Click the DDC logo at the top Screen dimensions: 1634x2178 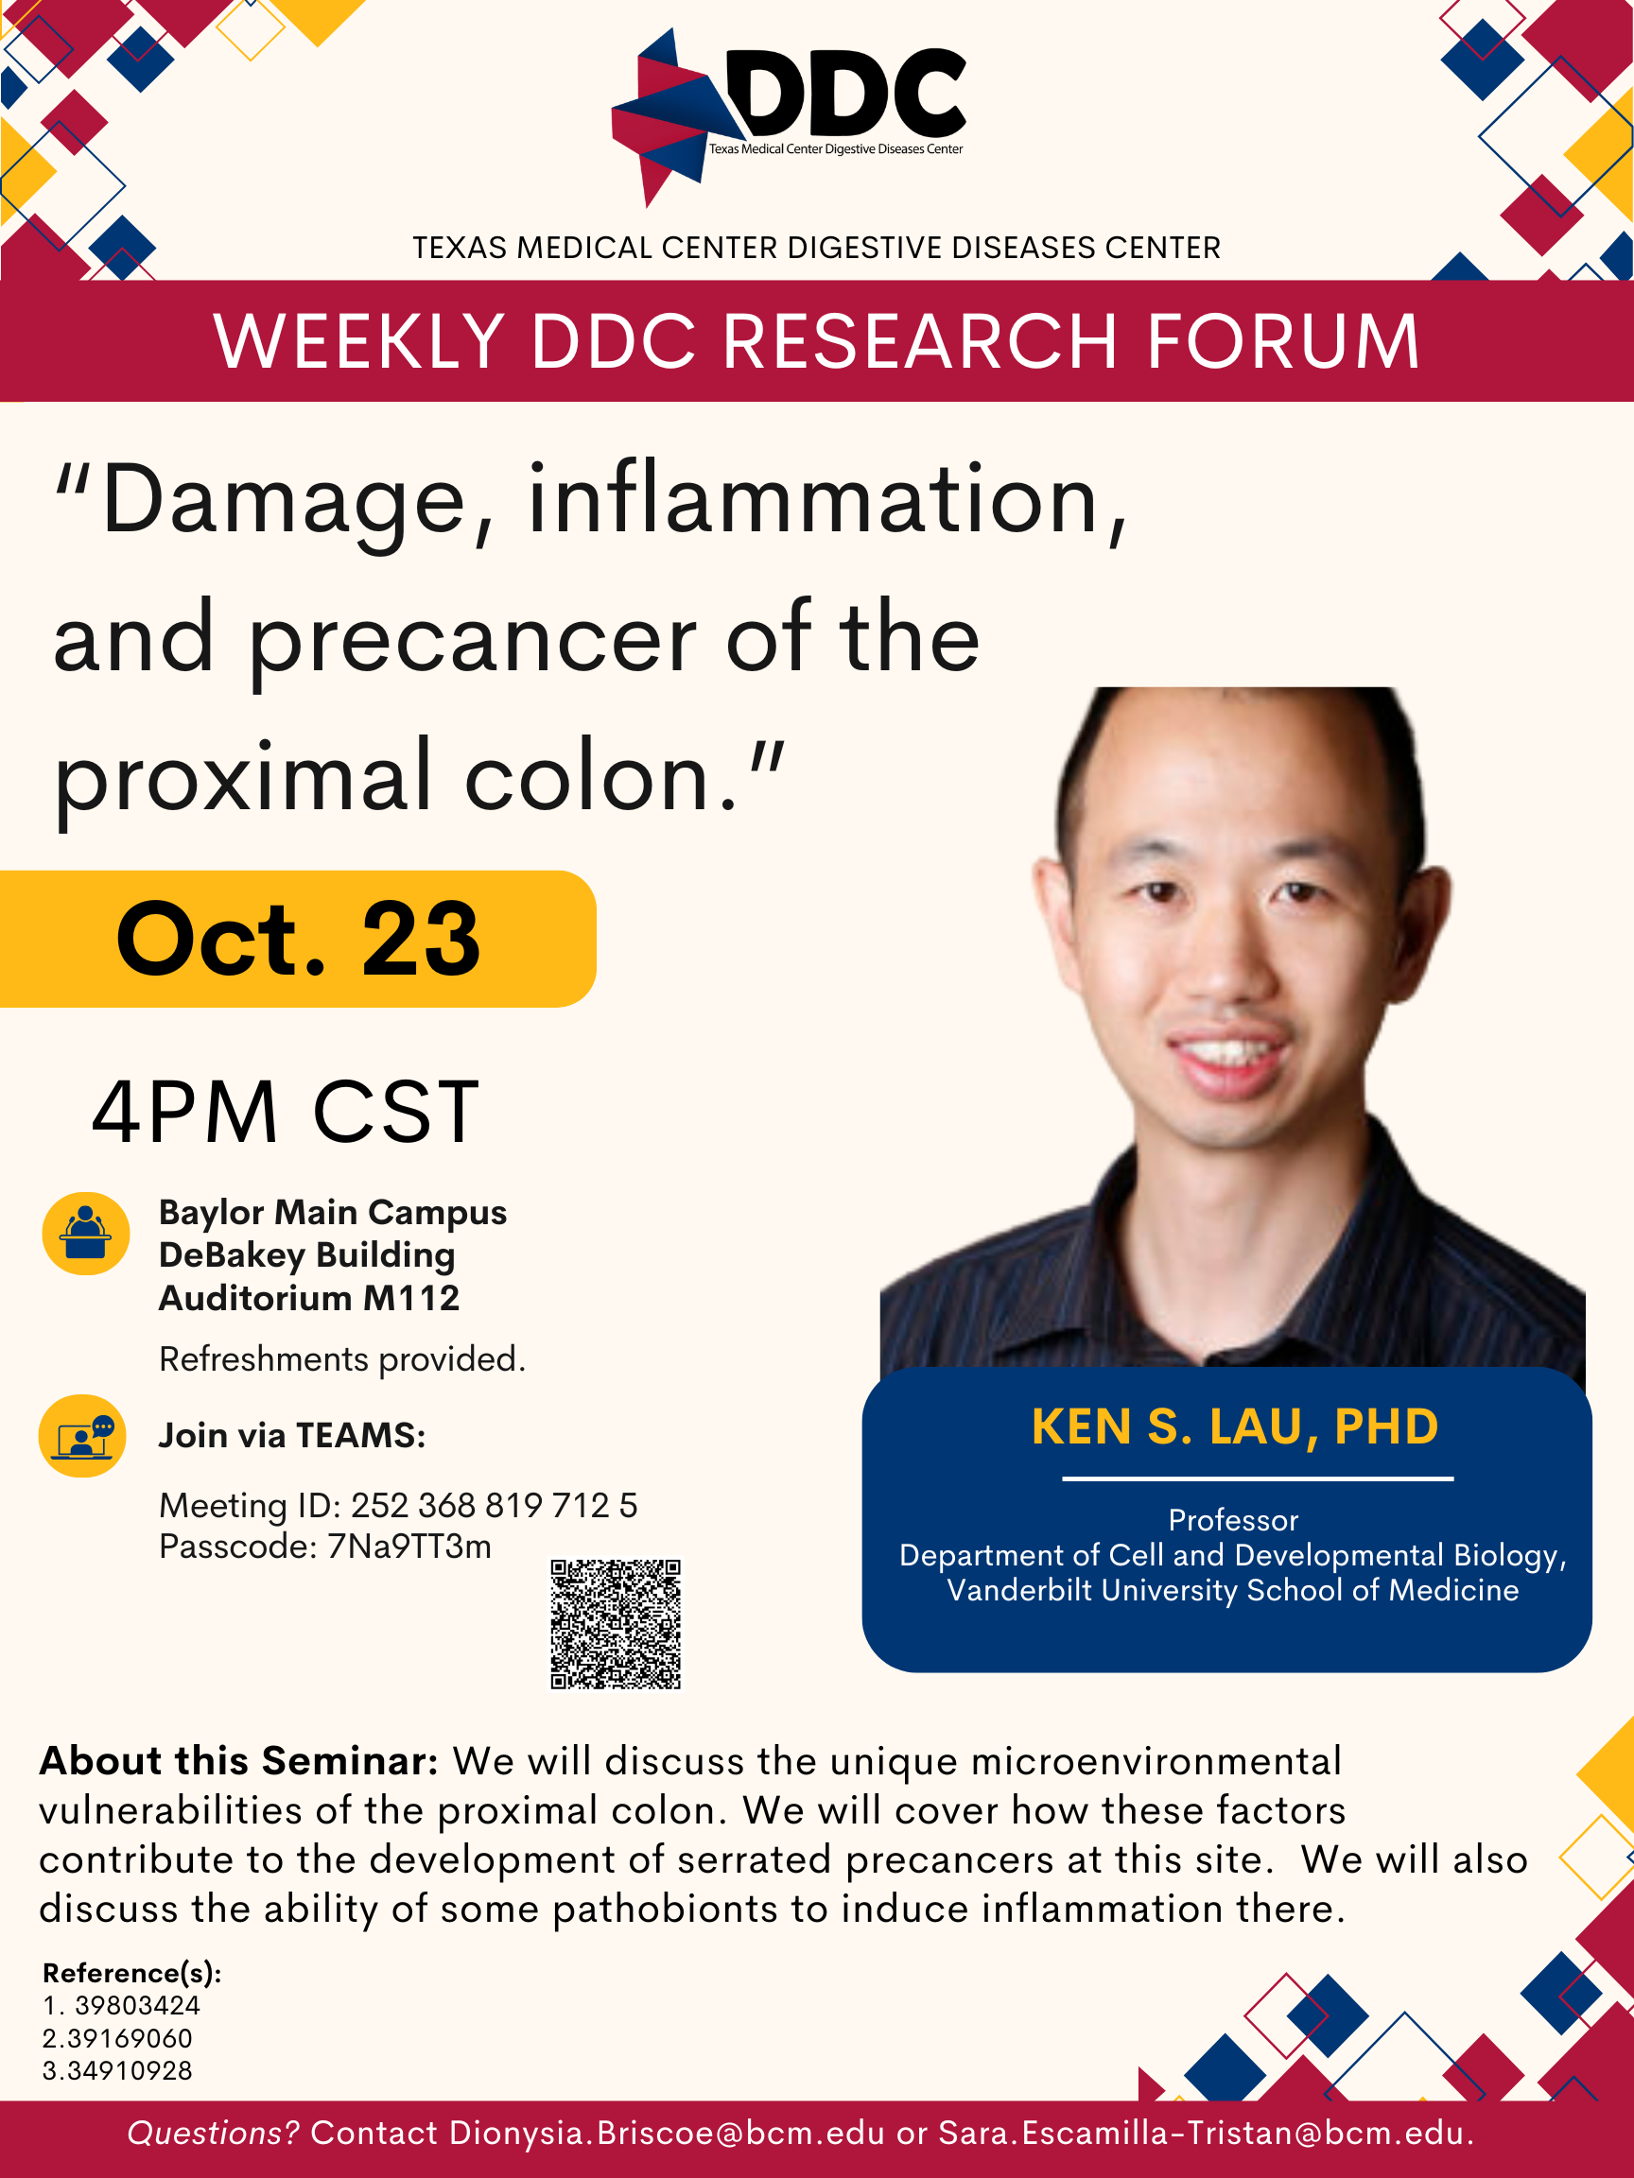pyautogui.click(x=788, y=116)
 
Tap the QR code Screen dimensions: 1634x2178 pyautogui.click(x=616, y=1624)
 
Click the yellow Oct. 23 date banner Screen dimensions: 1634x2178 pyautogui.click(x=298, y=939)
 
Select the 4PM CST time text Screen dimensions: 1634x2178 pyautogui.click(x=286, y=1112)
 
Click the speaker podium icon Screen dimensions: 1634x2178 pyautogui.click(x=86, y=1234)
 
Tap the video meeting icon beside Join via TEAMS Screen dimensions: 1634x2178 pyautogui.click(x=82, y=1436)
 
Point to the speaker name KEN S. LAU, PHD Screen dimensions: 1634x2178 pyautogui.click(x=1235, y=1426)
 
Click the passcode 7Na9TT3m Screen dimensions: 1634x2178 pyautogui.click(x=408, y=1547)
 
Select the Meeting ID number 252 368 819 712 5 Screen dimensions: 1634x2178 pyautogui.click(x=495, y=1506)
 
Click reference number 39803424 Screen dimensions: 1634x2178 pyautogui.click(x=138, y=2006)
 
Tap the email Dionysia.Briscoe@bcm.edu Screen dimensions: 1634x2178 pyautogui.click(x=667, y=2133)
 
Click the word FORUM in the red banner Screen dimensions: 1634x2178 pyautogui.click(x=1283, y=340)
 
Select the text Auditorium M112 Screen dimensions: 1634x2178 pyautogui.click(x=309, y=1298)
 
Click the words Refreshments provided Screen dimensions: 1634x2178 pyautogui.click(x=342, y=1358)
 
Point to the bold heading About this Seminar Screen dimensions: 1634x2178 pyautogui.click(x=238, y=1760)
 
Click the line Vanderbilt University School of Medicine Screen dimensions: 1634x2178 pyautogui.click(x=1233, y=1590)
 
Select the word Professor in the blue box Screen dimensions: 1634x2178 pyautogui.click(x=1233, y=1520)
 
